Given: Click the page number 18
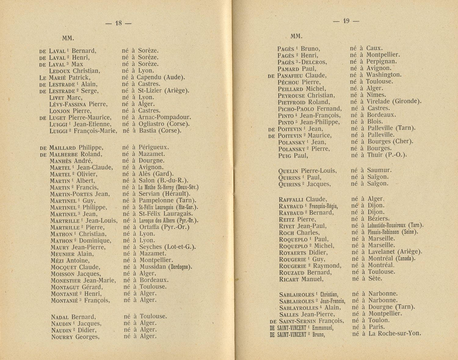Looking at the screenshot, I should pyautogui.click(x=118, y=23).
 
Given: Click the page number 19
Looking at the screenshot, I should pyautogui.click(x=346, y=21).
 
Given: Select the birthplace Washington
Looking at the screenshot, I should pyautogui.click(x=384, y=75).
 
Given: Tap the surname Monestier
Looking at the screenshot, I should pyautogui.click(x=66, y=281).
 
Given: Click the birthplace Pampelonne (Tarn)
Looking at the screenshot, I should pyautogui.click(x=167, y=201).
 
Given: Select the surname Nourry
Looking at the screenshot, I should pyautogui.click(x=62, y=337).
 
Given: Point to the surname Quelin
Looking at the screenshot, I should pyautogui.click(x=288, y=171).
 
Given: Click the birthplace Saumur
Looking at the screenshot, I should pyautogui.click(x=379, y=170).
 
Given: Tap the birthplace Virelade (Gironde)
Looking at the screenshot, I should pyautogui.click(x=394, y=101).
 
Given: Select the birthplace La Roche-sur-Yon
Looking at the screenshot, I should pyautogui.click(x=394, y=333).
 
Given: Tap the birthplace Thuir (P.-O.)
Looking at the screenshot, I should pyautogui.click(x=387, y=155).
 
